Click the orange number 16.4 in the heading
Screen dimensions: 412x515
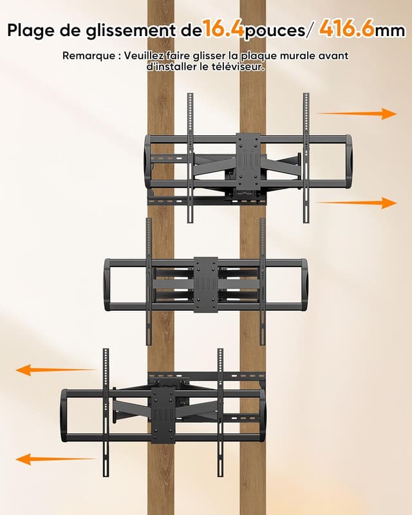coord(223,29)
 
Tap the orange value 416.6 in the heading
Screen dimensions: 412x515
coord(346,29)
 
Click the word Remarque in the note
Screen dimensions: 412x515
coord(86,56)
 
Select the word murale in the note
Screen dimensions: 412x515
coord(297,56)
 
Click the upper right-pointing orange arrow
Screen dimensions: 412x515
coord(357,114)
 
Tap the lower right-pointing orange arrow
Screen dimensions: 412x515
coord(357,203)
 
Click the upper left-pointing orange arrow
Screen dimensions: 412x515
coord(56,370)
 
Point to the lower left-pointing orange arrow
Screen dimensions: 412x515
coord(56,459)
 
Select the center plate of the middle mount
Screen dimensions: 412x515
coord(206,285)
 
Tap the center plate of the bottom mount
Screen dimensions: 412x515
coord(164,415)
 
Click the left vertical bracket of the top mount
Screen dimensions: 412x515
coord(191,158)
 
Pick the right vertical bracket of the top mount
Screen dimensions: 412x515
coord(306,158)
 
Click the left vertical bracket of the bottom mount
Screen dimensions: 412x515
coord(106,413)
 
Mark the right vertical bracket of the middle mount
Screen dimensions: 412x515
coord(263,281)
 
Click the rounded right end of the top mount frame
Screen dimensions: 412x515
coord(348,162)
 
